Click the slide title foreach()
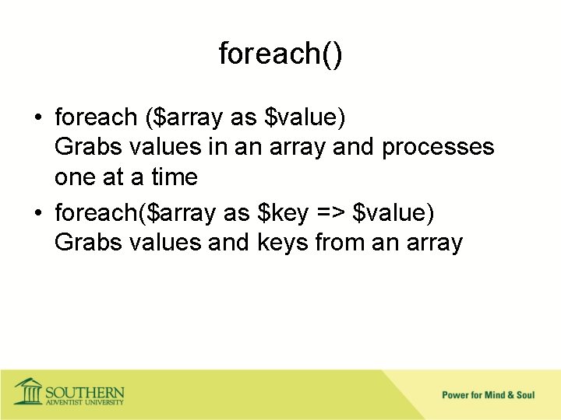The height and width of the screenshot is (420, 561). tap(280, 54)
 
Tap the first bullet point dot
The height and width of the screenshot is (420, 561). tap(37, 119)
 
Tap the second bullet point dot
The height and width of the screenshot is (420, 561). tap(37, 212)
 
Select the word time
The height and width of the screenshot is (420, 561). tap(175, 178)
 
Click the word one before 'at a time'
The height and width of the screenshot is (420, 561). tap(76, 178)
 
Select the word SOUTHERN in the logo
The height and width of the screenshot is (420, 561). tap(84, 390)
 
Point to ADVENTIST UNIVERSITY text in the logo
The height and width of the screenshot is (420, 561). tap(84, 402)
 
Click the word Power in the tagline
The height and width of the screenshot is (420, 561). tap(456, 395)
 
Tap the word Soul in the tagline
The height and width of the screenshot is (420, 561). tap(525, 395)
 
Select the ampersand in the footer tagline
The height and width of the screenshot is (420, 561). tap(510, 395)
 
